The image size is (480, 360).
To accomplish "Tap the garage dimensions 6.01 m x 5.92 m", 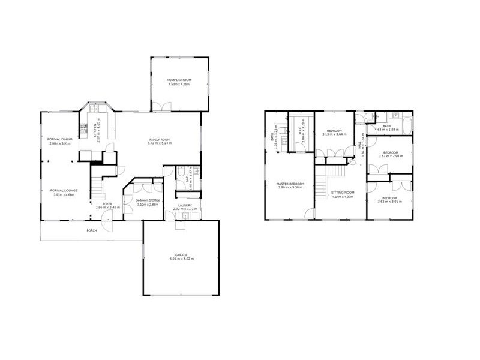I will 181,259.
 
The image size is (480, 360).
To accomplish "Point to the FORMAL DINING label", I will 59,139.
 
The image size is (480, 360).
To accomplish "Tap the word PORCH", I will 92,230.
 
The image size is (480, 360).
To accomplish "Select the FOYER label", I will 107,204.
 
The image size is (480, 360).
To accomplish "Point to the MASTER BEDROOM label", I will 290,184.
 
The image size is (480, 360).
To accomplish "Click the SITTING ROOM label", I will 343,193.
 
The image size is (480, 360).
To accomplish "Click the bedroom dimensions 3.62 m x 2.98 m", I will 389,156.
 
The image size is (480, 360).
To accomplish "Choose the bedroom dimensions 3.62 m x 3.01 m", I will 389,201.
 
